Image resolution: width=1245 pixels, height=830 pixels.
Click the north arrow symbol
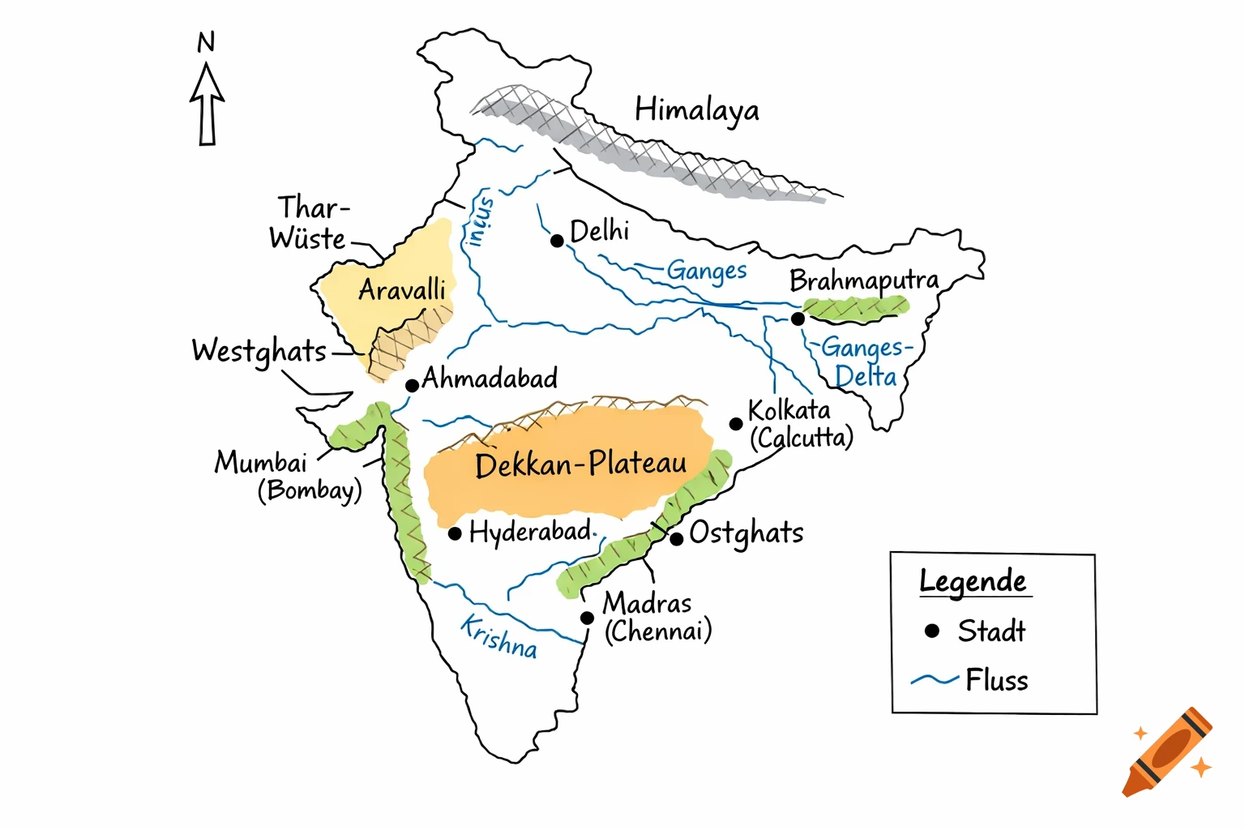coord(207,105)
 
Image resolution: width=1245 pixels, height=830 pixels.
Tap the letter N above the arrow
coord(207,42)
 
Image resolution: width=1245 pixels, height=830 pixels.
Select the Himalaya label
coord(696,110)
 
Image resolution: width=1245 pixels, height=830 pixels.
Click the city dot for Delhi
coord(557,241)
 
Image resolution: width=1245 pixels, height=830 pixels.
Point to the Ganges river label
coord(706,272)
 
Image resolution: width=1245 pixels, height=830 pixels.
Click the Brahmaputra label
coord(863,281)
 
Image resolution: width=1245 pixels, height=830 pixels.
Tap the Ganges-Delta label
coord(866,362)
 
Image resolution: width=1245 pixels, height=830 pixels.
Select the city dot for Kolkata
coord(736,424)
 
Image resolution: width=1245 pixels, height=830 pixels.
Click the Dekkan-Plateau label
coord(580,465)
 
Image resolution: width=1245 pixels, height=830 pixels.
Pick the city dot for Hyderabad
coord(455,533)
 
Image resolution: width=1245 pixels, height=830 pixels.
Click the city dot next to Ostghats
coord(677,538)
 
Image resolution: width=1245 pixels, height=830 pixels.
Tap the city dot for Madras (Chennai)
coord(587,618)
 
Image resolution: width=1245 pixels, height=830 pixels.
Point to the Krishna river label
coord(498,637)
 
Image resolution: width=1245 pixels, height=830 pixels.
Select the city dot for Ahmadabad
coord(412,385)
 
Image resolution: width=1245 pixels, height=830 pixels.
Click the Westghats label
coord(259,352)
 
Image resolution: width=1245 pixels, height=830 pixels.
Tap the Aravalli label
coord(402,290)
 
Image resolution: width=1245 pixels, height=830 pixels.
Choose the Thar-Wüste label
coord(309,223)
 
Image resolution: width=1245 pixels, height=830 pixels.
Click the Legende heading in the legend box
coord(973,582)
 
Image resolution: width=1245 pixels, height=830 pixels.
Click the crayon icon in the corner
coord(1168,752)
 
